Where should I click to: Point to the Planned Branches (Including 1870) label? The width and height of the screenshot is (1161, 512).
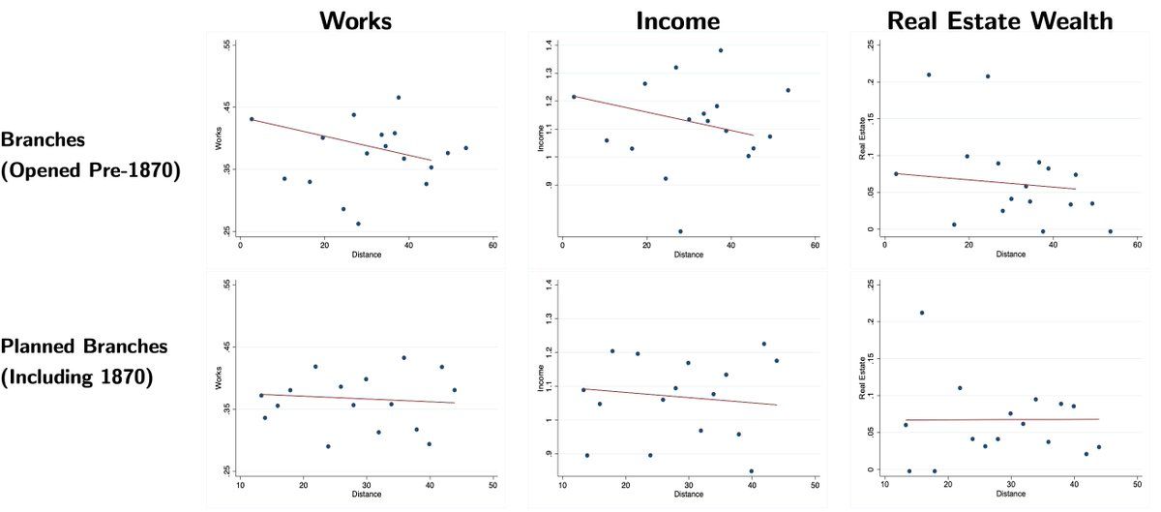pyautogui.click(x=85, y=361)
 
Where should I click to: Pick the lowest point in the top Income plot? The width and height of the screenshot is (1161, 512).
pyautogui.click(x=680, y=231)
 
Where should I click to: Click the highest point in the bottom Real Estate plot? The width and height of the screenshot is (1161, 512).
pyautogui.click(x=922, y=313)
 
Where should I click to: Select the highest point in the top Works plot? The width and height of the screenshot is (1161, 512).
pyautogui.click(x=399, y=98)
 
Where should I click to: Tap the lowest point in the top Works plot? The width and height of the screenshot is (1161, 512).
pyautogui.click(x=358, y=224)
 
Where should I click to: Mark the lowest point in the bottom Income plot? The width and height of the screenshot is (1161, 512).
pyautogui.click(x=751, y=471)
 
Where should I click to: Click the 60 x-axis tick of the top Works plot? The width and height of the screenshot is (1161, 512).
pyautogui.click(x=492, y=246)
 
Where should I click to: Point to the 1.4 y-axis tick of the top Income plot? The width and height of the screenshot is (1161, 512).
pyautogui.click(x=548, y=45)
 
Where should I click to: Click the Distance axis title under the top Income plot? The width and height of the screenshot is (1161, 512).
pyautogui.click(x=689, y=255)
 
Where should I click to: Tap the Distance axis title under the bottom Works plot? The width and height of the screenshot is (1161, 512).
pyautogui.click(x=366, y=493)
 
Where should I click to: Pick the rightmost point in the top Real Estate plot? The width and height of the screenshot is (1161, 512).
pyautogui.click(x=1110, y=231)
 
